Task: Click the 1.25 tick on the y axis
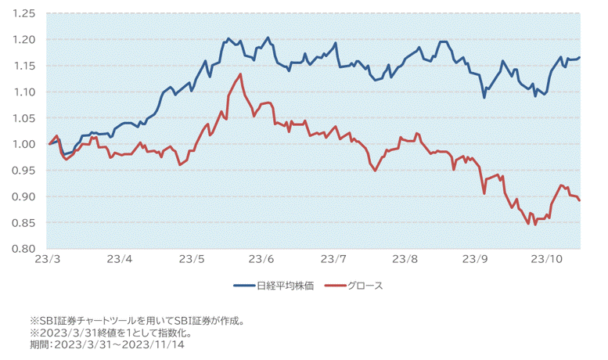coord(25,14)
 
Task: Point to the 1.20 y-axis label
coord(25,40)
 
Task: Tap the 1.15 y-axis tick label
coord(25,66)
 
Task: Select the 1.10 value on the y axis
coord(25,92)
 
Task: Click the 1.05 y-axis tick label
coord(25,118)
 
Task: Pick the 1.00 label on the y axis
coord(25,144)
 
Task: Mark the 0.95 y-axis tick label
coord(25,171)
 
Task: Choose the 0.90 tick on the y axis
coord(25,196)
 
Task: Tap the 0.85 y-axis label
coord(25,222)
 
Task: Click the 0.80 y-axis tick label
coord(25,249)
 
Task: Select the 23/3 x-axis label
coord(49,259)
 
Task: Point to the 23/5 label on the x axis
coord(191,259)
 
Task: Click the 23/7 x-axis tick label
coord(333,259)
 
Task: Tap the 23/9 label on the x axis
coord(475,259)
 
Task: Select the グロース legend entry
coord(363,286)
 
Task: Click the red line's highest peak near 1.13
coord(240,74)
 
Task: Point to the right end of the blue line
coord(580,57)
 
